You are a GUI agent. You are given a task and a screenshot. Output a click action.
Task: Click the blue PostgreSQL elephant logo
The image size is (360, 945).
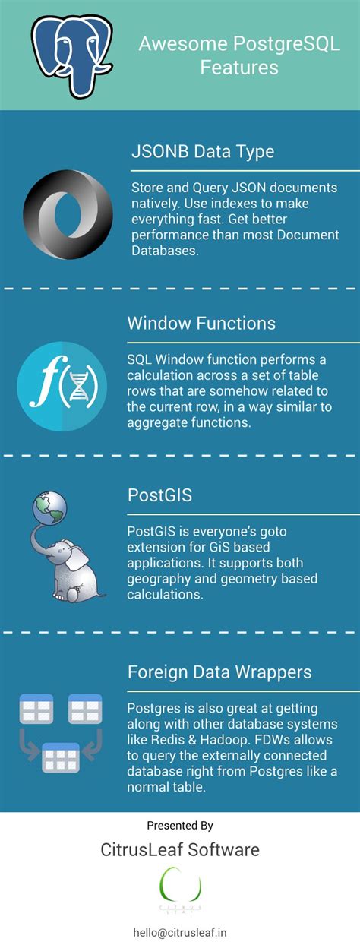(x=72, y=55)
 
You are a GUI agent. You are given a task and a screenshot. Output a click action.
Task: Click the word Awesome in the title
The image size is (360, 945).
(x=183, y=44)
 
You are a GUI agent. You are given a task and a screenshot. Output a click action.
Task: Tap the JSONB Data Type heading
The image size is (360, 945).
(x=203, y=152)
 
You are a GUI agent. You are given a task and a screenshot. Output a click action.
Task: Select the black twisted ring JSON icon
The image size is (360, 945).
(x=68, y=214)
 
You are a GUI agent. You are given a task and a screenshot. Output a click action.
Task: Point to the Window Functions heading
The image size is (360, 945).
(x=201, y=323)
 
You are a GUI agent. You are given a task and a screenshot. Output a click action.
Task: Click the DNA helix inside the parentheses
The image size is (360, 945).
(x=78, y=386)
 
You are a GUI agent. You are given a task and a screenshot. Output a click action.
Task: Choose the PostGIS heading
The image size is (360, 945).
(x=159, y=495)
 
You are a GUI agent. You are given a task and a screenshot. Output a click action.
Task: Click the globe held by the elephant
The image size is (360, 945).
(x=49, y=507)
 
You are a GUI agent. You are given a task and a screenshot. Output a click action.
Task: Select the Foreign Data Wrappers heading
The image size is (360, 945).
(x=219, y=672)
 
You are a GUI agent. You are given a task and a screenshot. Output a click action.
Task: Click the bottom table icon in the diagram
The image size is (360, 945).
(x=61, y=757)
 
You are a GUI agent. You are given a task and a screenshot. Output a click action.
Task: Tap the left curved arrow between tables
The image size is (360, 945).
(x=29, y=746)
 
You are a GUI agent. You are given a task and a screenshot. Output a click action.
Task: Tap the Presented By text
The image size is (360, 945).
(x=180, y=826)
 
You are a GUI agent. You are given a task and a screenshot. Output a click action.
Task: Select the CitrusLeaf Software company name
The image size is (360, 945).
(x=180, y=849)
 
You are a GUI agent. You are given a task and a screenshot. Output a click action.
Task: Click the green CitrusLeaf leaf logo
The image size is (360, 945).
(x=180, y=886)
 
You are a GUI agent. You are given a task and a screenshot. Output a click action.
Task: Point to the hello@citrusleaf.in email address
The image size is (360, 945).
(x=181, y=932)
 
